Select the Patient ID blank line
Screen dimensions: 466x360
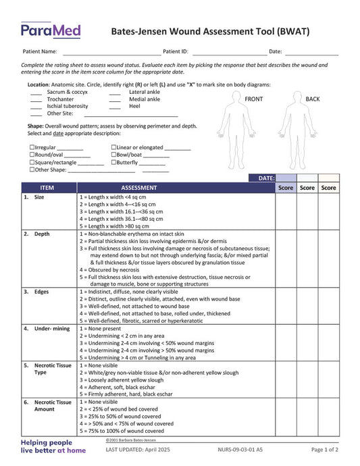click(229, 52)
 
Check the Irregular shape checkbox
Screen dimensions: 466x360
click(32, 147)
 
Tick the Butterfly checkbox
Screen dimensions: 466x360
click(113, 163)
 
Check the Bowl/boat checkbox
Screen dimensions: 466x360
click(113, 155)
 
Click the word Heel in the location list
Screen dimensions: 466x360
click(135, 106)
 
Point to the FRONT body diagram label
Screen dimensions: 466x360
click(254, 99)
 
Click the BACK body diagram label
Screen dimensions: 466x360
click(313, 99)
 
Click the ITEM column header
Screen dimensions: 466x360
click(47, 188)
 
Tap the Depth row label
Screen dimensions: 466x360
click(42, 234)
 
